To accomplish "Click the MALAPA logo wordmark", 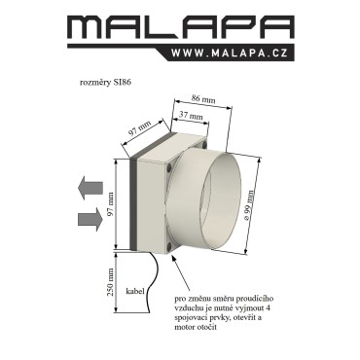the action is [x=181, y=27].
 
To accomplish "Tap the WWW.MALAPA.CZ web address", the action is [x=230, y=53].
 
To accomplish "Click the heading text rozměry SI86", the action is [x=105, y=83].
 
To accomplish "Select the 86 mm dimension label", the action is [x=203, y=99].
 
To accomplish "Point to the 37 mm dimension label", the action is [x=191, y=115].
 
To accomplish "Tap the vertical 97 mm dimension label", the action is [x=110, y=204].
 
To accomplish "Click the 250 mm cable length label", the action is [x=111, y=282].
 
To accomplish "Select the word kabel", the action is [x=135, y=291].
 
